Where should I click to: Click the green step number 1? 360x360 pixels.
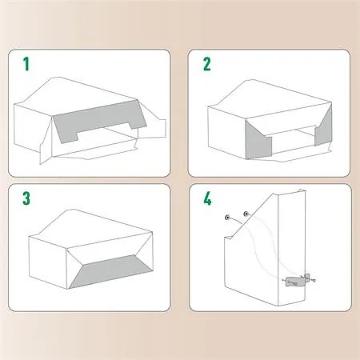(26, 64)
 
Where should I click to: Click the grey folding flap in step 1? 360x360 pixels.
(96, 124)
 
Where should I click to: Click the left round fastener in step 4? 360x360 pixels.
(229, 217)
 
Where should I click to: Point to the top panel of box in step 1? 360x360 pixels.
(80, 96)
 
